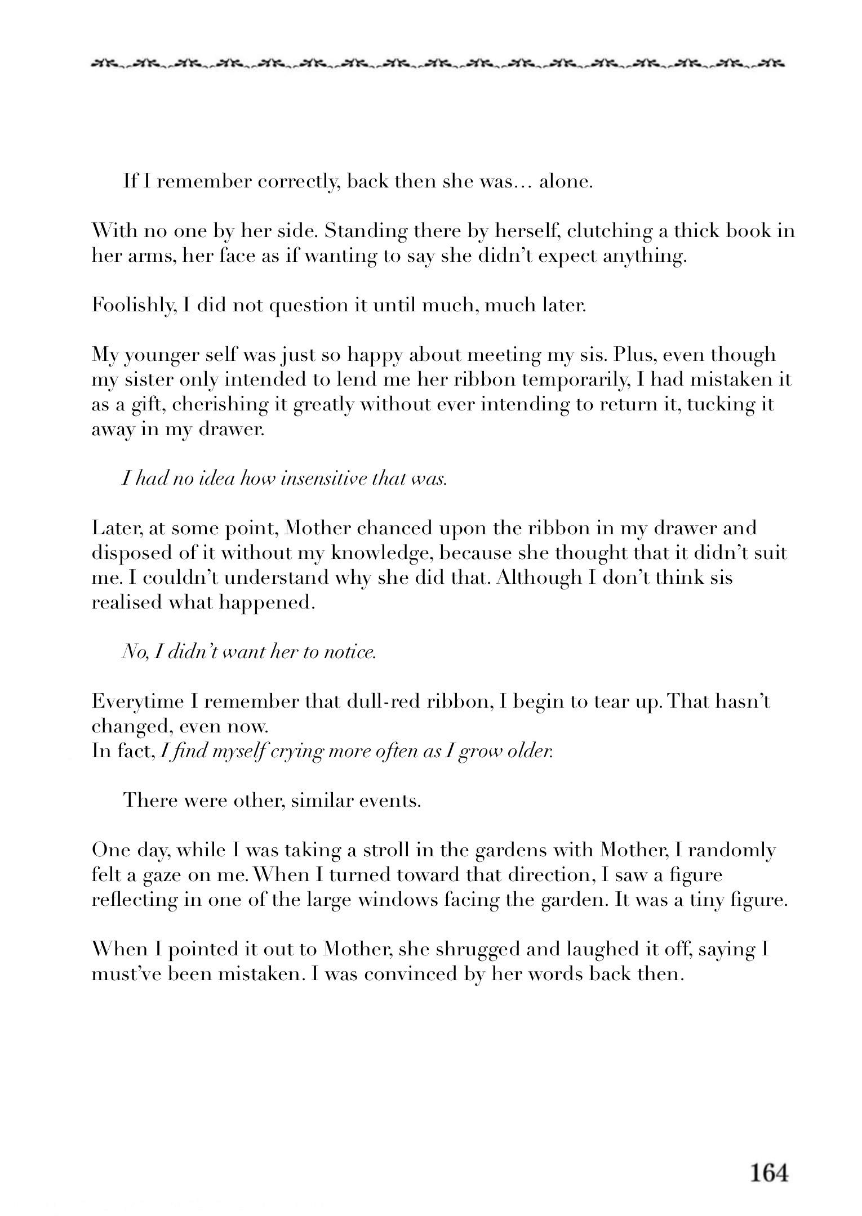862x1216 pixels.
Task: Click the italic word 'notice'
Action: (352, 652)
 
